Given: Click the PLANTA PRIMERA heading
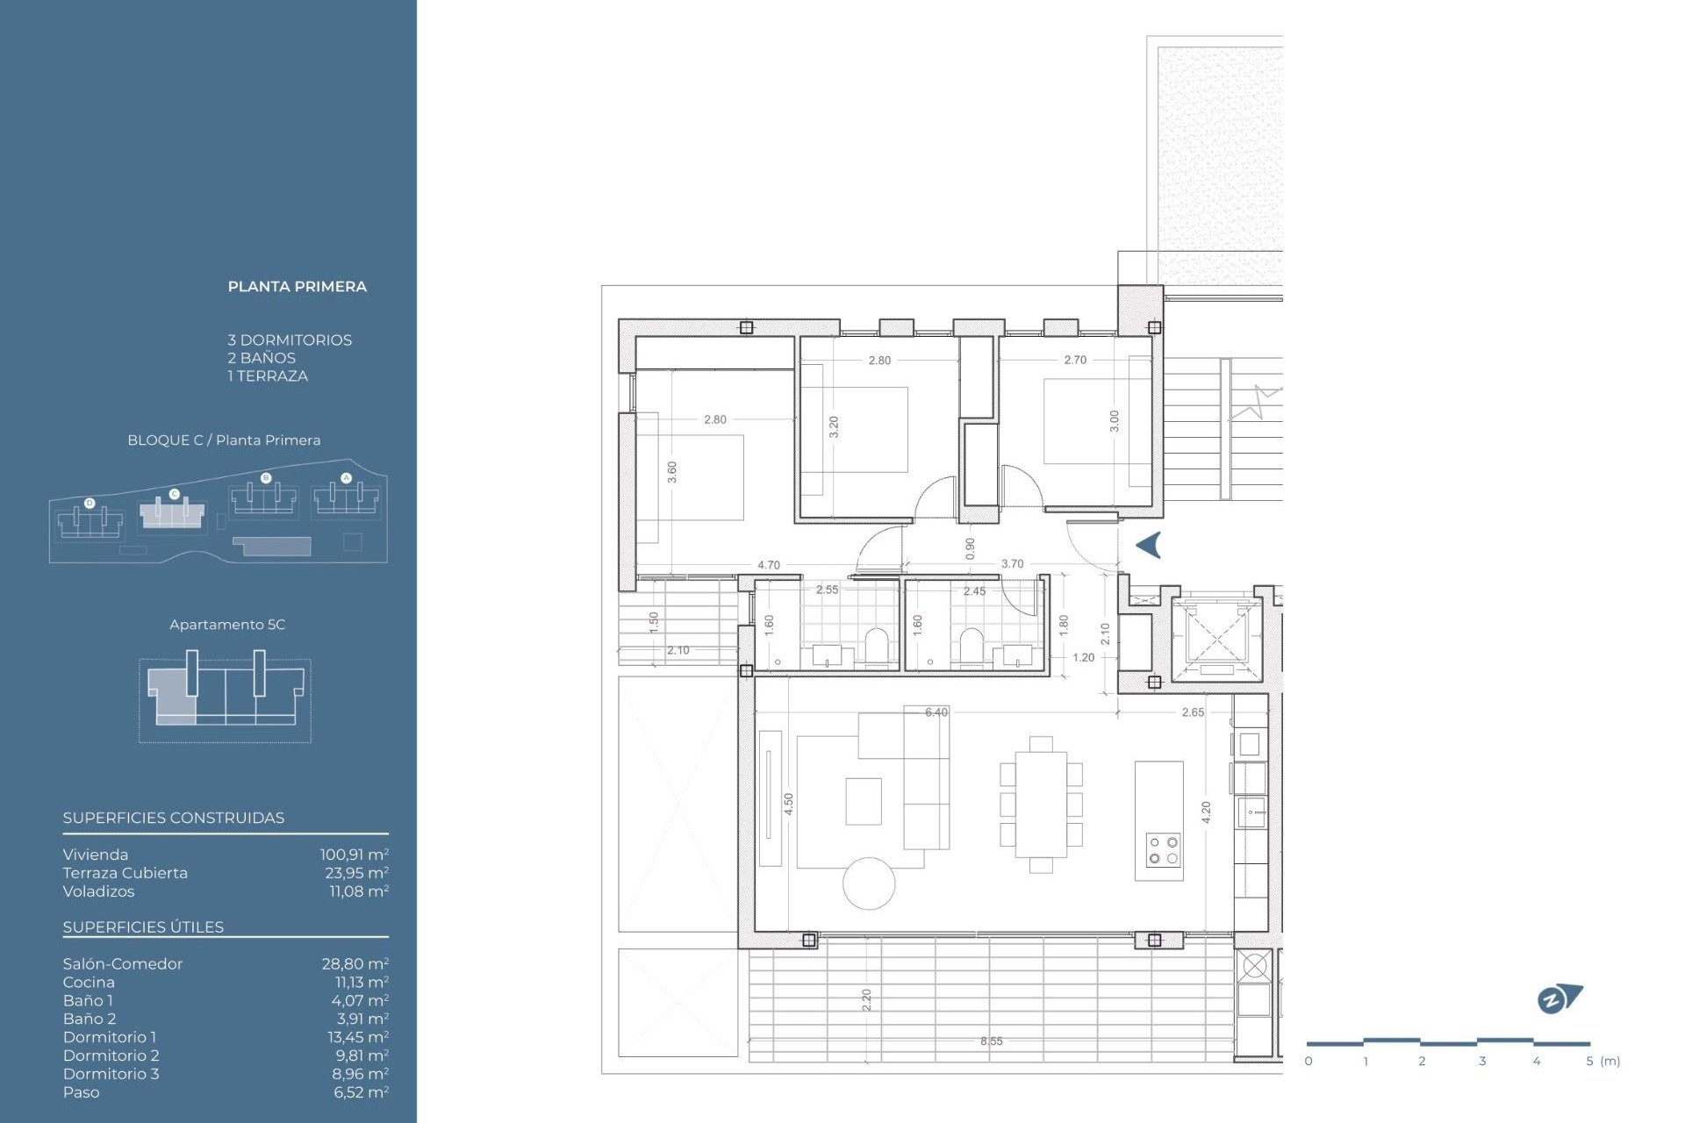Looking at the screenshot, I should tap(297, 287).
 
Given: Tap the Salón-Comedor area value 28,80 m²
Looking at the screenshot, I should tap(355, 963).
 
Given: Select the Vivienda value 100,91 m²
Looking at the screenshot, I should tap(354, 855).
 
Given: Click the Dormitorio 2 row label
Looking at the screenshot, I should tap(111, 1055).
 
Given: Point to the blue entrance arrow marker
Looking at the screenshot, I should tap(1149, 545).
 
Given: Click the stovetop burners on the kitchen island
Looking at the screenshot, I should tap(1164, 850).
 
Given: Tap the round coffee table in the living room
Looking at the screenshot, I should tap(869, 883).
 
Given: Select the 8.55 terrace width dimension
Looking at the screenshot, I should tap(991, 1041).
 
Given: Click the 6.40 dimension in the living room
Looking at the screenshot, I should tap(936, 712).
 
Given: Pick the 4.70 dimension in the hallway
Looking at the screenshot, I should tap(768, 565).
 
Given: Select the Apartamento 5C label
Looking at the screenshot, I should tap(227, 625).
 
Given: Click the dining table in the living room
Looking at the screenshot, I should tap(1041, 805).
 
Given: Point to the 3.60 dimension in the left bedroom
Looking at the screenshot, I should tap(672, 472).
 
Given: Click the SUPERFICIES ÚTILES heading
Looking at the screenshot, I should tap(143, 927).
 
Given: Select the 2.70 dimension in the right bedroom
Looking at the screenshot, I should tap(1075, 360).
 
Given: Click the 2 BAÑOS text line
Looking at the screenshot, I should tap(262, 358).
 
